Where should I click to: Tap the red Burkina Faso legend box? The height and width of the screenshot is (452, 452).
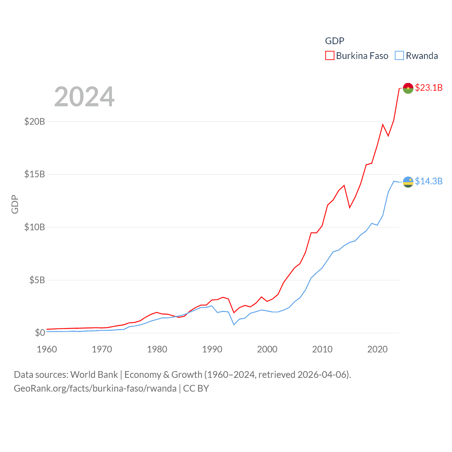[329, 56]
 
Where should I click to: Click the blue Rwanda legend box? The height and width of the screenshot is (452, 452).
[399, 56]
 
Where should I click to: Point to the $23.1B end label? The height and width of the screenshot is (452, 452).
[429, 88]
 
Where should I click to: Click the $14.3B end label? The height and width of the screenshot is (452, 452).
[429, 181]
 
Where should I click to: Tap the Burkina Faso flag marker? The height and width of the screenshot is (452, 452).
[408, 88]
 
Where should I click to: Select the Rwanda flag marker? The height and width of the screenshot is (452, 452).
[408, 182]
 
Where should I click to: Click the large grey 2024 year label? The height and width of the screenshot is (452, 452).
[84, 97]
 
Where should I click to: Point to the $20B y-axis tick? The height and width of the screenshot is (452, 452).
[35, 121]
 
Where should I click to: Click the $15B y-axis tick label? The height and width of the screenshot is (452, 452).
[35, 174]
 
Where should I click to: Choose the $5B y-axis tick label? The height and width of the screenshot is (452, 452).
[37, 280]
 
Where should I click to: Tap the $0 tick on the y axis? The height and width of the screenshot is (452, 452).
[40, 333]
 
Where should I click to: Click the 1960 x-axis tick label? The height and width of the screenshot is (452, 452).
[47, 349]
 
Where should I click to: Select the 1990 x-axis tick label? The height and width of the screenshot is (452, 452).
[212, 349]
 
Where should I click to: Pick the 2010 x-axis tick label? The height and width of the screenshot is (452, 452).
[322, 349]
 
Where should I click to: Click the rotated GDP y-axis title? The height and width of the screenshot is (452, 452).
[15, 204]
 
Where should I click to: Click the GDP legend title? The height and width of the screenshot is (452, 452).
[334, 41]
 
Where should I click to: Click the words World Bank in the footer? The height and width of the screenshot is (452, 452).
[94, 375]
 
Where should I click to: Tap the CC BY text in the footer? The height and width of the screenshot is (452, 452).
[196, 388]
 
